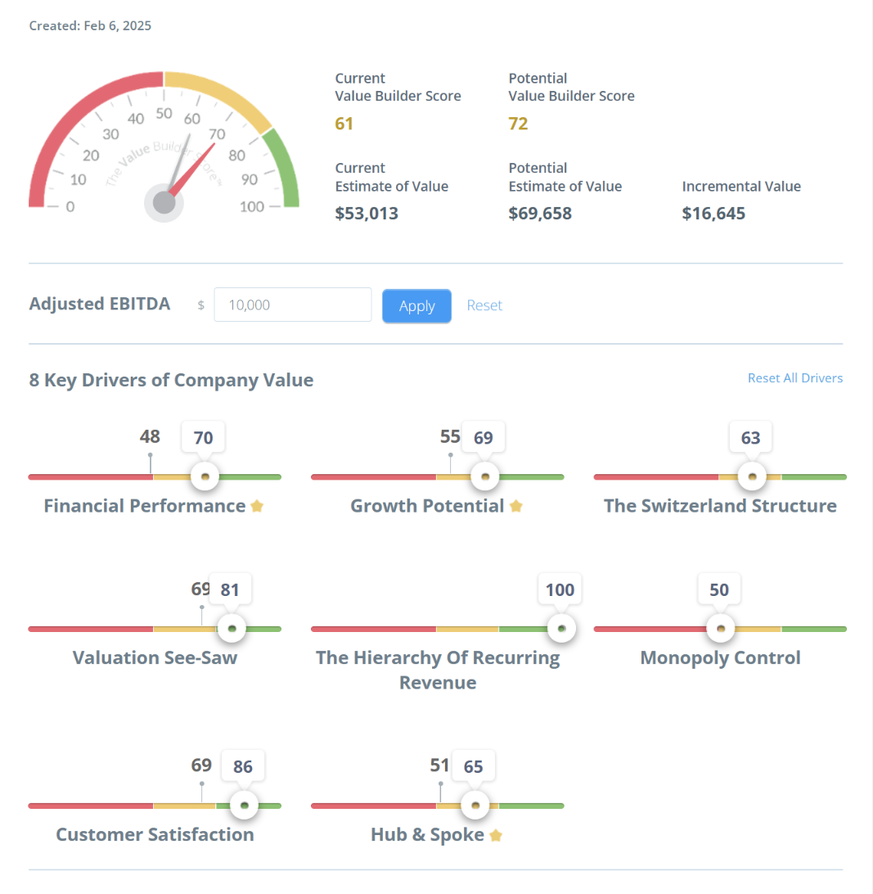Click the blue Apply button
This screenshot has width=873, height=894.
tap(416, 306)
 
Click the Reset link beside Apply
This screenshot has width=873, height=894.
tap(484, 305)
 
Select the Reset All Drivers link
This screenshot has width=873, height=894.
tap(794, 378)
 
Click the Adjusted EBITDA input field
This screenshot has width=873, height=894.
tap(293, 305)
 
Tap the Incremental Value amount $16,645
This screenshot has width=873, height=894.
tap(713, 214)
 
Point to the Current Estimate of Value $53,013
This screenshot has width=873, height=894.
tap(367, 214)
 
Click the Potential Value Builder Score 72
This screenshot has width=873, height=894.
tap(518, 124)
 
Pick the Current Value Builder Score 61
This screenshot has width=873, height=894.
tap(344, 124)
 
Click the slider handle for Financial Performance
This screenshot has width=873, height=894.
tap(205, 476)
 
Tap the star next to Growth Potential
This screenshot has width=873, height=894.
tap(516, 506)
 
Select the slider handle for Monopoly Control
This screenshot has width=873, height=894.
tap(720, 629)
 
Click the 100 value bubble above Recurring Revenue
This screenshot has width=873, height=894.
tap(560, 589)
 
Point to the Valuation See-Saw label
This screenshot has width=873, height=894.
tap(155, 658)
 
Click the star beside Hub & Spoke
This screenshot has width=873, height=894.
tap(496, 835)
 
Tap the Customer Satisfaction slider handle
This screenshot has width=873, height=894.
tap(244, 806)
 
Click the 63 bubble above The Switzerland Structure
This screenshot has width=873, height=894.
tap(750, 438)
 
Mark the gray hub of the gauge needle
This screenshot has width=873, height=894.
tap(164, 202)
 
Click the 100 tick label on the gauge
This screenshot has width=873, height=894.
tap(252, 206)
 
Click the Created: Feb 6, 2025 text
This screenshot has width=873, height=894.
tap(90, 25)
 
